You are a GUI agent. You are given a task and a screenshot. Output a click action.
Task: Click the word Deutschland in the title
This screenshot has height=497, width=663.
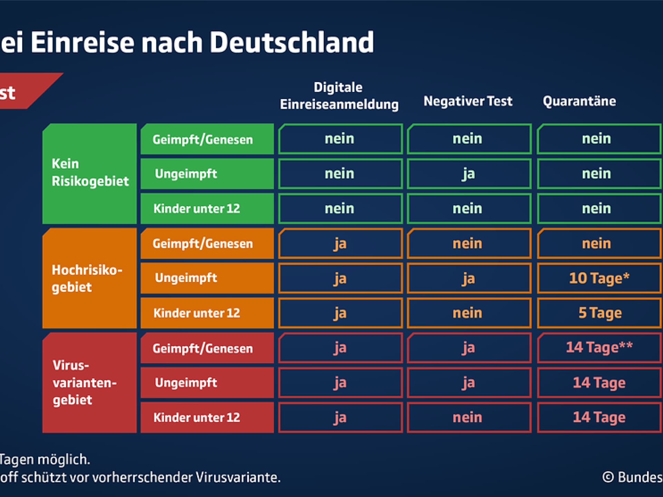[x=292, y=42]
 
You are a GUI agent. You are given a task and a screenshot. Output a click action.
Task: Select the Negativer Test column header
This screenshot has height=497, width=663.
[x=468, y=101]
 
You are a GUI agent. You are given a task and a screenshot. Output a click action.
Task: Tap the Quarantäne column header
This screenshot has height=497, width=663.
[x=579, y=101]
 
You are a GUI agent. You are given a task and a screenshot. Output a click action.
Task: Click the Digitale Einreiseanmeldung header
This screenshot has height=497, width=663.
[x=339, y=96]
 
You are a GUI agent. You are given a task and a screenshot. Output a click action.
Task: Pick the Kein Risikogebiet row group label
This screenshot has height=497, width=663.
[x=89, y=173]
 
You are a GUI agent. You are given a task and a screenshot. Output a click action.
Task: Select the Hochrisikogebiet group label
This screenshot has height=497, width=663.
[x=87, y=278]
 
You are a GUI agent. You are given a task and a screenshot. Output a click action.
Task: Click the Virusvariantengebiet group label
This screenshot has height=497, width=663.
[x=85, y=382]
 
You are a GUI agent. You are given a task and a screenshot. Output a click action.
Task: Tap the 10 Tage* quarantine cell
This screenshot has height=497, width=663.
[x=599, y=278]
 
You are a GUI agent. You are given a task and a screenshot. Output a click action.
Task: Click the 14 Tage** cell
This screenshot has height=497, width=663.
[x=599, y=348]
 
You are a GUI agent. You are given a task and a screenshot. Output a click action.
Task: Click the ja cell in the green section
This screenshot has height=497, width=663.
[x=469, y=174]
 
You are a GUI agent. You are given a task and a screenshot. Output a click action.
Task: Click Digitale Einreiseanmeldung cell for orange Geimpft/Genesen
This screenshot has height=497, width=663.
[x=340, y=244]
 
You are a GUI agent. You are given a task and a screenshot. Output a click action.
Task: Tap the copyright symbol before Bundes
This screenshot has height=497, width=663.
[x=608, y=477]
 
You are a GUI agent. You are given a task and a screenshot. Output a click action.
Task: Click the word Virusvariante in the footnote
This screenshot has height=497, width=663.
[x=238, y=478]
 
